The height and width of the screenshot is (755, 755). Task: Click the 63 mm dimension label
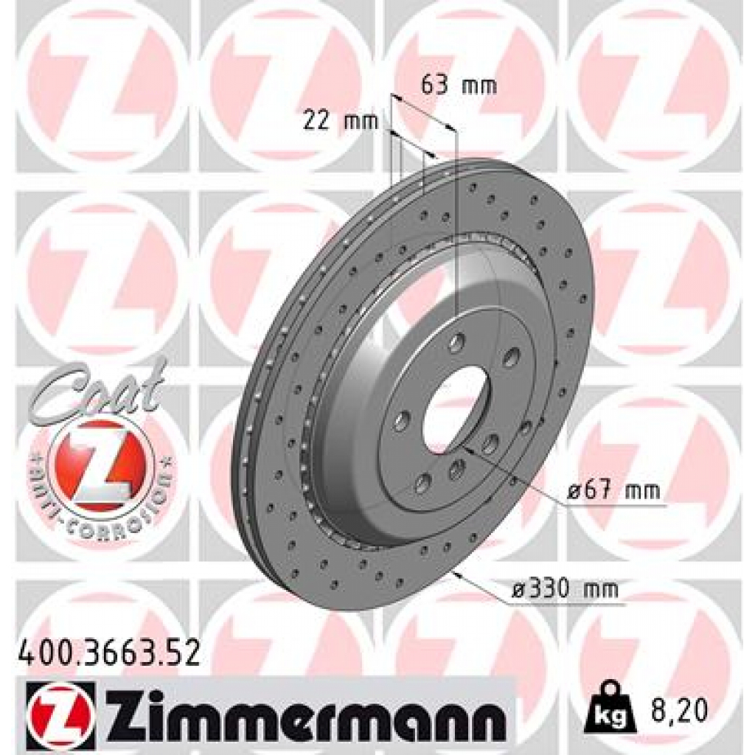coord(458,86)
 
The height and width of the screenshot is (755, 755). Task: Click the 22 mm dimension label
coord(340,121)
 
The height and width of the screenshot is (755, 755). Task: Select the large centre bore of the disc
coord(456,409)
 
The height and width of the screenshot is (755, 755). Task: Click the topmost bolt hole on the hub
coord(458,341)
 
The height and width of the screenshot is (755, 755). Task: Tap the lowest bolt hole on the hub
coord(422,483)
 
